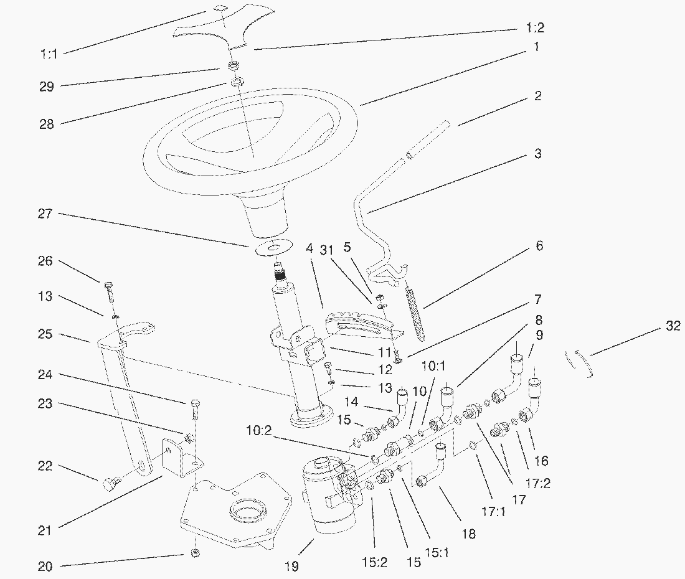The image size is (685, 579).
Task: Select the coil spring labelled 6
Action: pyautogui.click(x=417, y=309)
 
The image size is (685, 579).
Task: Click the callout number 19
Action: pyautogui.click(x=291, y=566)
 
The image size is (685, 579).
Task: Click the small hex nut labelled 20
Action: pyautogui.click(x=195, y=553)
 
